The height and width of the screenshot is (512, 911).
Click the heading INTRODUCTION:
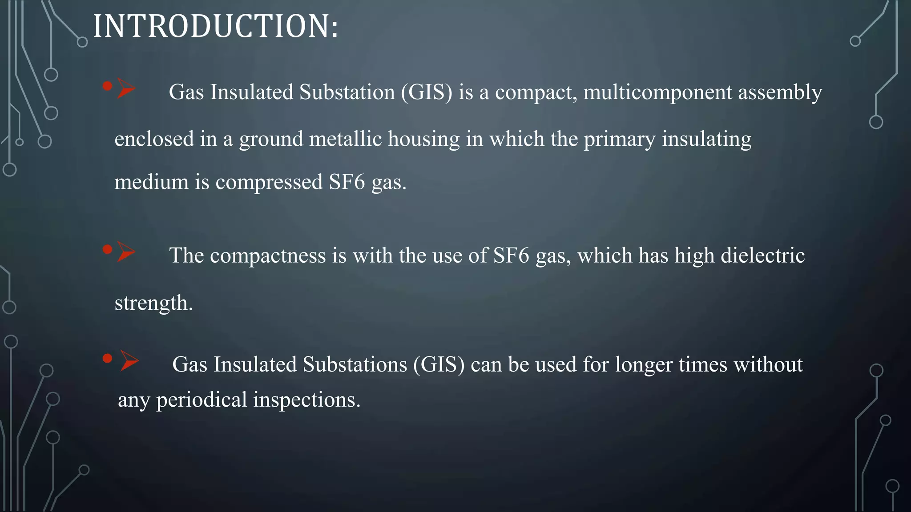tap(216, 26)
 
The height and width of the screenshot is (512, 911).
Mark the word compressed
tap(269, 182)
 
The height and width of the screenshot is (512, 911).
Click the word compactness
tap(268, 256)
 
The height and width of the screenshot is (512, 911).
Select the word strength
tap(153, 304)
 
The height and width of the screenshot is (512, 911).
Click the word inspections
tap(306, 400)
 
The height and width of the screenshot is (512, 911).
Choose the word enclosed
tap(154, 139)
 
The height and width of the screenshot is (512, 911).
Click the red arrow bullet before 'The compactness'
tap(126, 252)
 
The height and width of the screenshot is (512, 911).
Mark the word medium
tap(151, 182)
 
